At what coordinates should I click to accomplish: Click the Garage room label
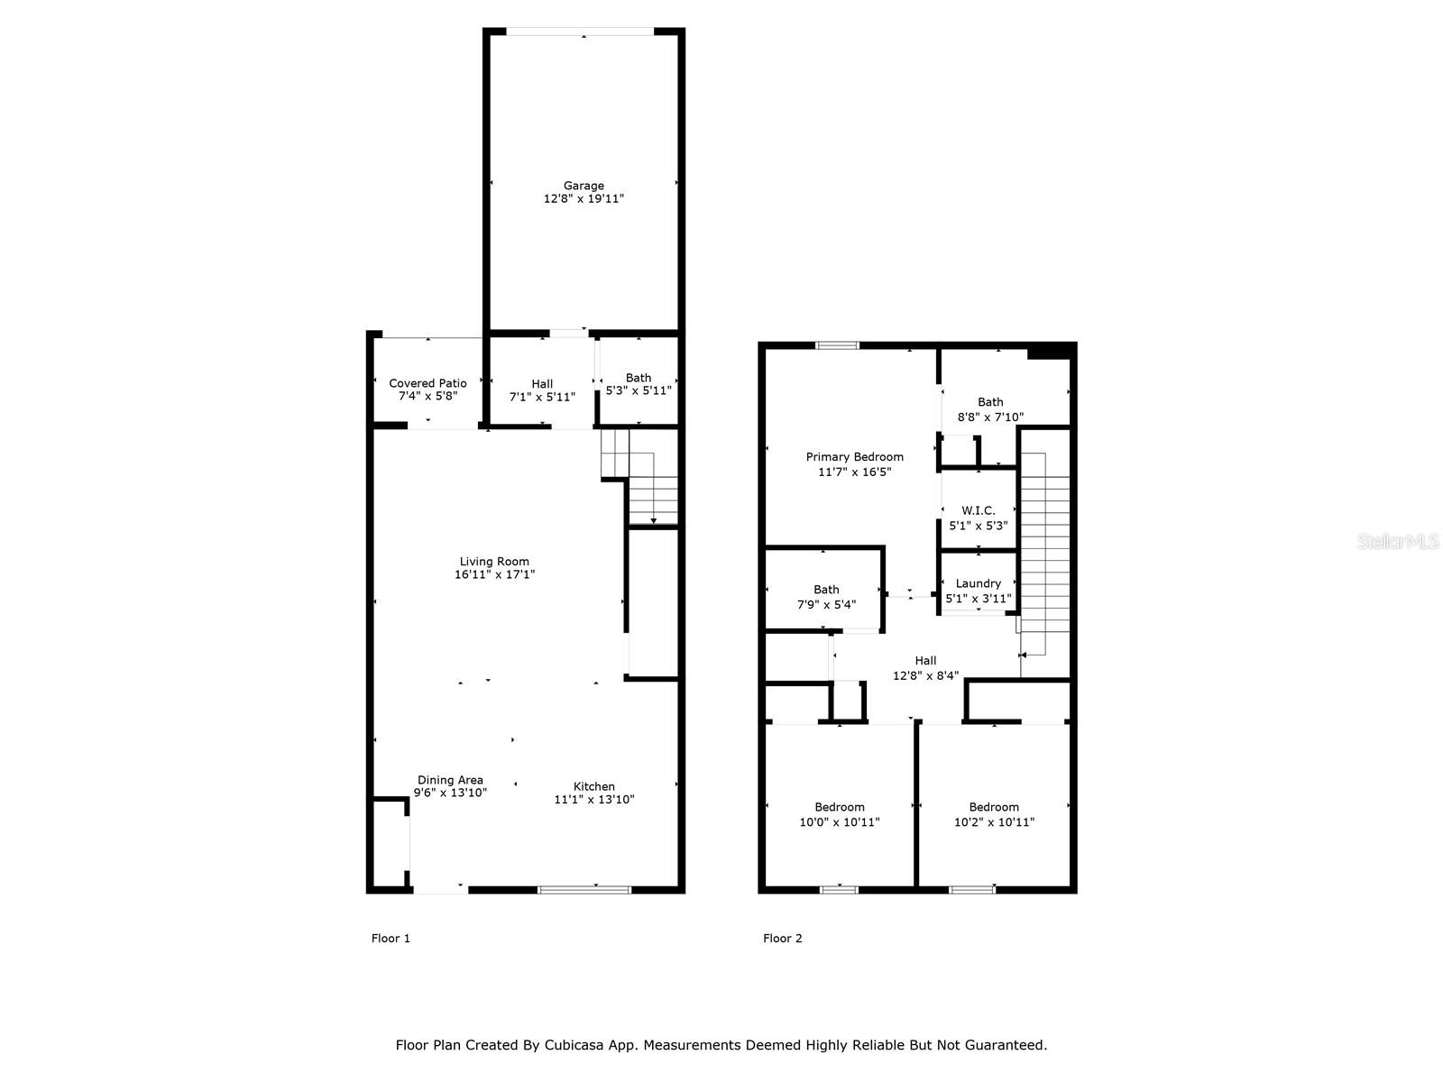tap(584, 186)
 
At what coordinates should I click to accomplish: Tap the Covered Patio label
tap(427, 383)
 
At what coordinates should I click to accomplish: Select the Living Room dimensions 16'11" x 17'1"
tap(494, 574)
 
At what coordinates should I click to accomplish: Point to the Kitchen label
tap(593, 786)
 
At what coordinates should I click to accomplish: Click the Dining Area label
tap(450, 780)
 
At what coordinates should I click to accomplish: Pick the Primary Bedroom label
tap(854, 456)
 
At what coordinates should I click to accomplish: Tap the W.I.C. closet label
tap(978, 510)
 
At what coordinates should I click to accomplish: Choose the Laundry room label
tap(978, 583)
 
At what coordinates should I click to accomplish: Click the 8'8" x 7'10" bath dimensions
tap(990, 417)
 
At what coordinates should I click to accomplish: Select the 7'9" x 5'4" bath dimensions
tap(826, 604)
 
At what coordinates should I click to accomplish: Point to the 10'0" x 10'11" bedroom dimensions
tap(839, 821)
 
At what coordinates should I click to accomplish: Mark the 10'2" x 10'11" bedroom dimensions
tap(994, 821)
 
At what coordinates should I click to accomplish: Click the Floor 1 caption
tap(391, 938)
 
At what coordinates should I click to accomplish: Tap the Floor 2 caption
tap(782, 938)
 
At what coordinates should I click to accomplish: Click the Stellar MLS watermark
tap(1398, 541)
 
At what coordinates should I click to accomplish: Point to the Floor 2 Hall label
tap(925, 660)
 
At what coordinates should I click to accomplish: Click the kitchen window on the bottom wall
tap(584, 890)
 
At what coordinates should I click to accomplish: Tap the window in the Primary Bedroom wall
tap(837, 345)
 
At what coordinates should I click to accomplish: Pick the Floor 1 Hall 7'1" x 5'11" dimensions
tap(542, 397)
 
